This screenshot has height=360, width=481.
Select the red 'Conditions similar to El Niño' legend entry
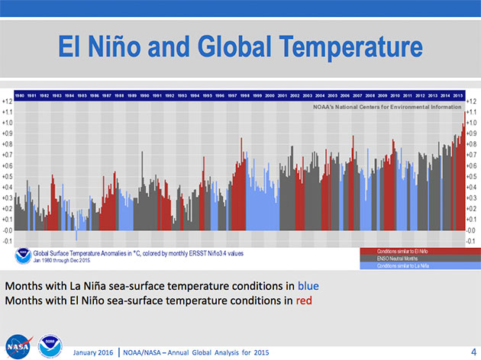(412, 251)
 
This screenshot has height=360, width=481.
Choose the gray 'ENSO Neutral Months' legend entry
(412, 258)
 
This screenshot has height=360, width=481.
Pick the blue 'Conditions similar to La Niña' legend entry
(412, 265)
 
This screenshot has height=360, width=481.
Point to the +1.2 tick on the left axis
(7, 101)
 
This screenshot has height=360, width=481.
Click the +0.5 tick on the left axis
(7, 176)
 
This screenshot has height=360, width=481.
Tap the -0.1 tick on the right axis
(471, 240)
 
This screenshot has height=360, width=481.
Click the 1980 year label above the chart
(19, 95)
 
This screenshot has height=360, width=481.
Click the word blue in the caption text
(308, 286)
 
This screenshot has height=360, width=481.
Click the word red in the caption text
(303, 301)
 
